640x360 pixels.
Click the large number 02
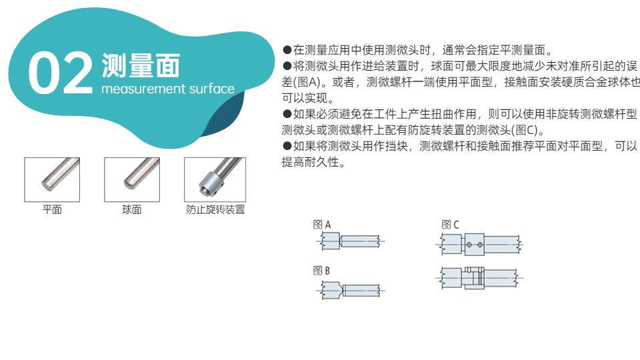61,73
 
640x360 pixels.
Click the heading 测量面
141,65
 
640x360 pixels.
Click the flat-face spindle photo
52,179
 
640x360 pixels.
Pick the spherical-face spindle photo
132,179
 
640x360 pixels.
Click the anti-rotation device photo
215,179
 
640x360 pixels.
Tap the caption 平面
52,209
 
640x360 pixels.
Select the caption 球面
132,209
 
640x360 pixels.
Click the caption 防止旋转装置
215,209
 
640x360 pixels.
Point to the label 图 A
321,225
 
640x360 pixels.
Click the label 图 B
321,271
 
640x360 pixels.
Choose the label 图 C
450,225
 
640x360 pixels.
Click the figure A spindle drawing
351,241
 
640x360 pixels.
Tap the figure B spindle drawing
351,290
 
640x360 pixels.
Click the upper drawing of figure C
479,245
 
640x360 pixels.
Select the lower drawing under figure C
479,278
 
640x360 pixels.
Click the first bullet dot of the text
287,50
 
